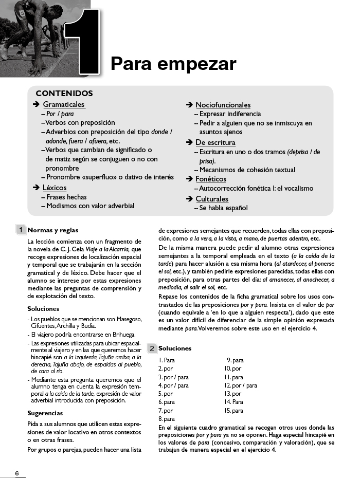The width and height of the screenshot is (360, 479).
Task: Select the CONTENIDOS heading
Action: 64,94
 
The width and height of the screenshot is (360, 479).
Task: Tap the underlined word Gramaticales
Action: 64,105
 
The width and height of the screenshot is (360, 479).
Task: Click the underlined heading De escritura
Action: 215,142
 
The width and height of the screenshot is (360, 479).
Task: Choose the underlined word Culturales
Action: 212,199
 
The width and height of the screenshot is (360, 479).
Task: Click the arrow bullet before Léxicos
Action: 36,188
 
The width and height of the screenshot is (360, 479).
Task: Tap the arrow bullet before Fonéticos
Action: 189,179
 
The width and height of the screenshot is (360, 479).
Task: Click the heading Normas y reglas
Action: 53,230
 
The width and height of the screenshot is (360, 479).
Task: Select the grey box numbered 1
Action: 21,230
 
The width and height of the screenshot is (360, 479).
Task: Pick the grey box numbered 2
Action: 152,348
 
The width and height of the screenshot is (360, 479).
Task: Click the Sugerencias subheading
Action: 45,413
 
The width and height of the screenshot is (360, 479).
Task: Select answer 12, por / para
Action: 241,385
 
